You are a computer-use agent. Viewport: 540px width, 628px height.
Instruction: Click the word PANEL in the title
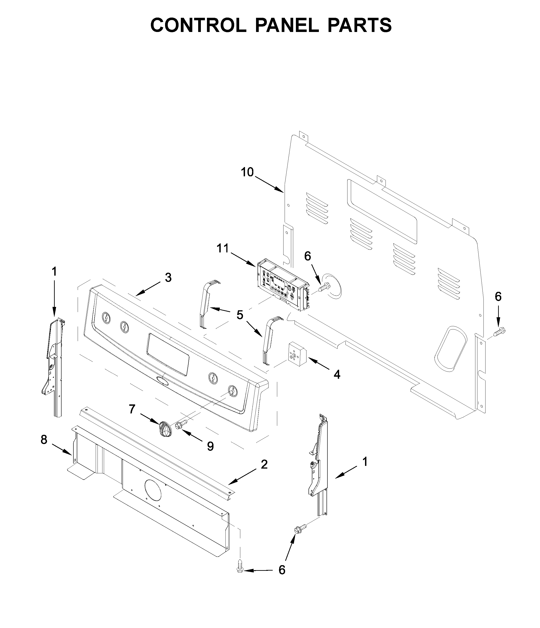287,25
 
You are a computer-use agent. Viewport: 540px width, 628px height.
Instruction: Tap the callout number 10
247,172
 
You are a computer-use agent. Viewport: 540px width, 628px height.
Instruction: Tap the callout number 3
168,277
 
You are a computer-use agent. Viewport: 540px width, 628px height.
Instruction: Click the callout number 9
210,446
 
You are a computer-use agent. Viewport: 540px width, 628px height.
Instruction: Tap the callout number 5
240,315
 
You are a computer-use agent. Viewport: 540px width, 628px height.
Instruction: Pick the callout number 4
337,375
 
